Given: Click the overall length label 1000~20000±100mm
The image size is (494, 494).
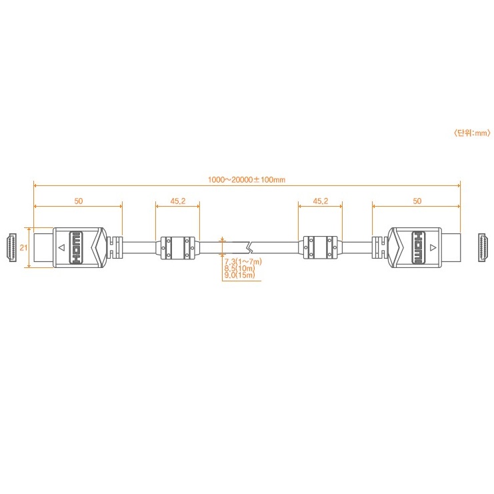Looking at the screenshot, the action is click(x=247, y=180).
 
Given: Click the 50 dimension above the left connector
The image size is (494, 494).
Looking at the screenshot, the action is click(x=79, y=201).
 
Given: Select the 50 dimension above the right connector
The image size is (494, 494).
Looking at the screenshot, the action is click(x=417, y=201).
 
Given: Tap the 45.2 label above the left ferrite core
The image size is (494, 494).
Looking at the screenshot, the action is click(x=178, y=201).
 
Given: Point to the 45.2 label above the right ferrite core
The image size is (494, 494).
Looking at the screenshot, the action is click(x=321, y=201).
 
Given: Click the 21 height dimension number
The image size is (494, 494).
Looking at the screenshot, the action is click(x=23, y=247).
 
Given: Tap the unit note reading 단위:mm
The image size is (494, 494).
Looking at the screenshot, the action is click(x=472, y=133).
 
